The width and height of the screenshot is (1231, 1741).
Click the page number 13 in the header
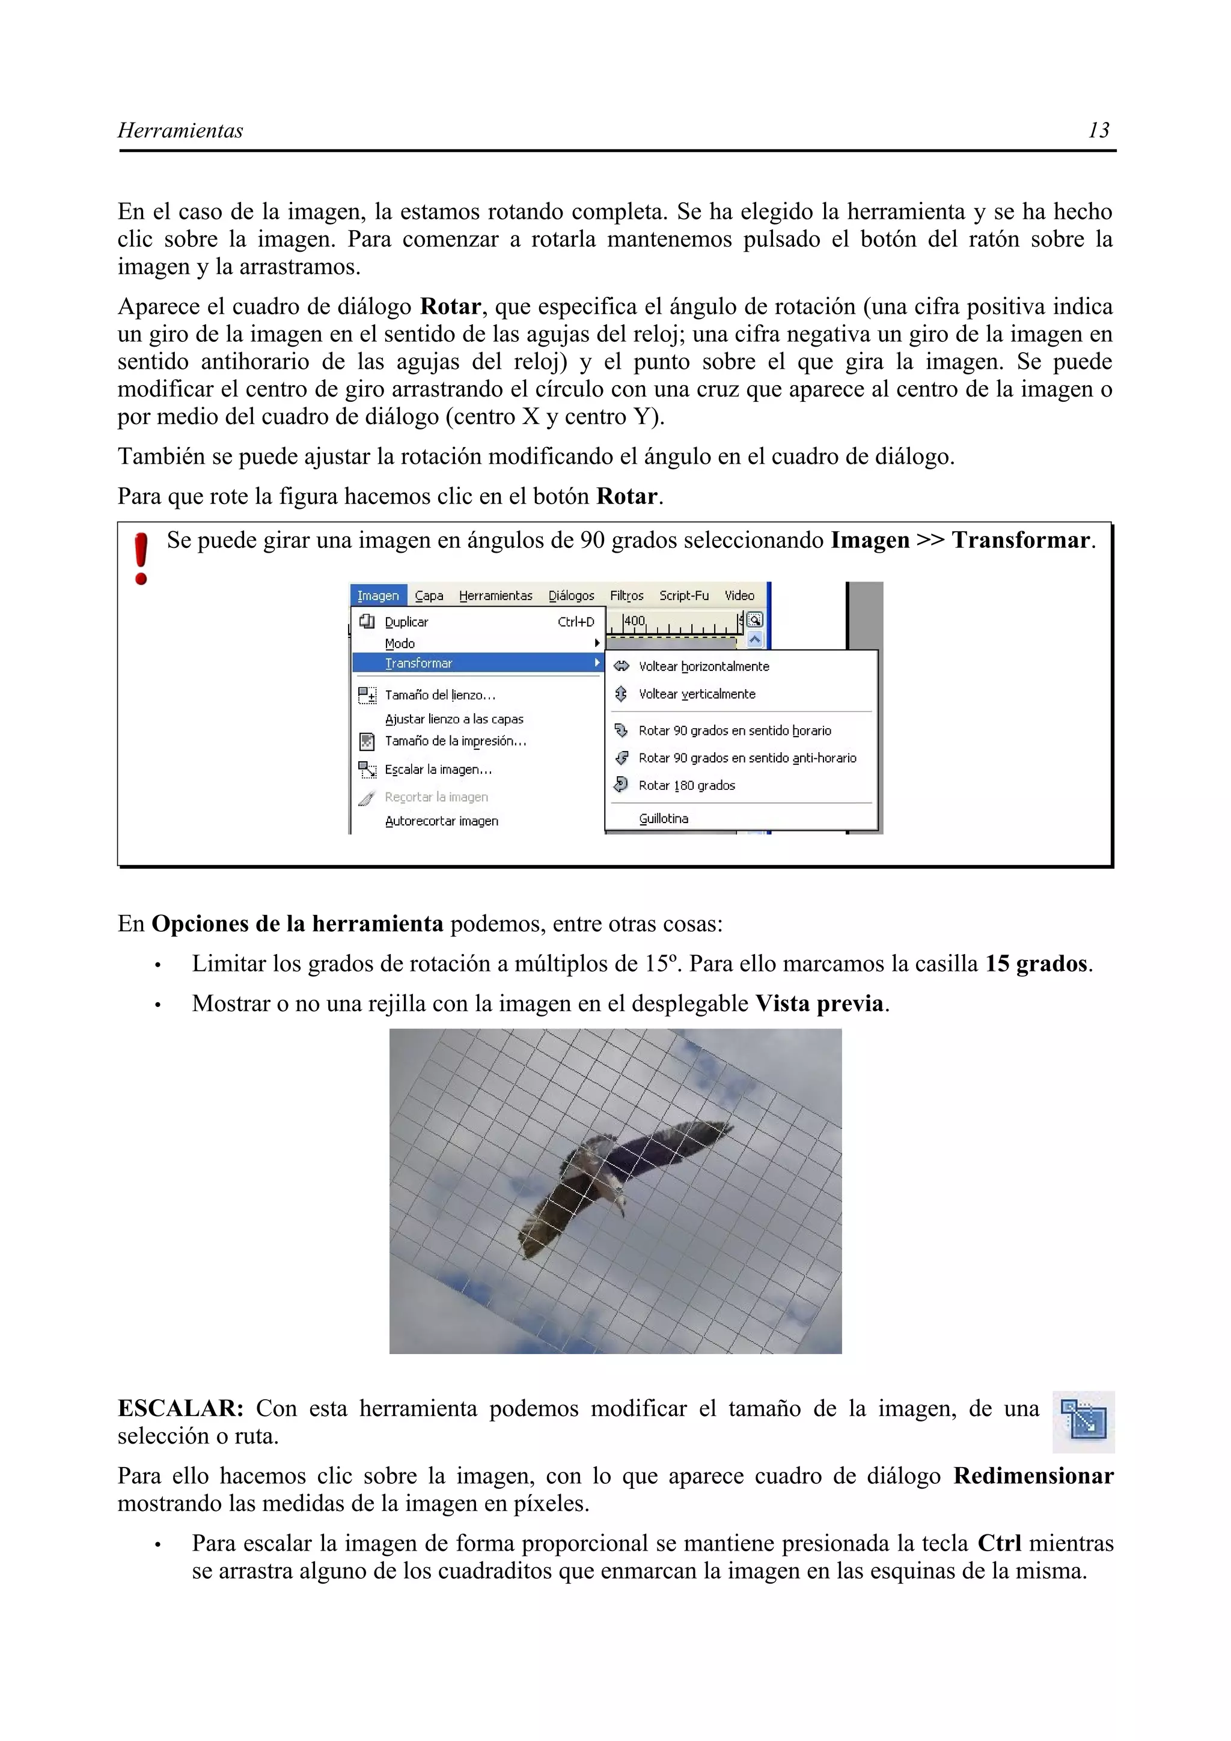coord(1098,130)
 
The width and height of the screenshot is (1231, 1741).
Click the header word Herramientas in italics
coord(180,130)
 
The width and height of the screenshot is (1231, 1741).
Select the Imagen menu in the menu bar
coord(377,595)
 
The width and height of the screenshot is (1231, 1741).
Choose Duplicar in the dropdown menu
coord(406,622)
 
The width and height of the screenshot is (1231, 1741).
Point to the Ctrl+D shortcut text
coord(576,622)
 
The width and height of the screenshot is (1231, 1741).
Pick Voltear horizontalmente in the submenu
coord(703,666)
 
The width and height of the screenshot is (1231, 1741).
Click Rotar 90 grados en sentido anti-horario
coord(747,758)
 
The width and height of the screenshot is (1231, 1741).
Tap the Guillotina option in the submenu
coord(663,818)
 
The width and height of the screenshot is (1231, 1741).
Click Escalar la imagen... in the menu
coord(438,769)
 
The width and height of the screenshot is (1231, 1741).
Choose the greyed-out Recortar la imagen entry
coord(436,797)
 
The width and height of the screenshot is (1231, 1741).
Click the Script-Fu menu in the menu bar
coord(683,595)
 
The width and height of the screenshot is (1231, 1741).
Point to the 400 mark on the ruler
coord(634,621)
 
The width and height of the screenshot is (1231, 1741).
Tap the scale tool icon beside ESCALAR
coord(1083,1421)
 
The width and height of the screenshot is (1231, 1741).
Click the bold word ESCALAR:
coord(180,1408)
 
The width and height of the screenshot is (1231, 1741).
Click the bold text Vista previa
coord(819,1003)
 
